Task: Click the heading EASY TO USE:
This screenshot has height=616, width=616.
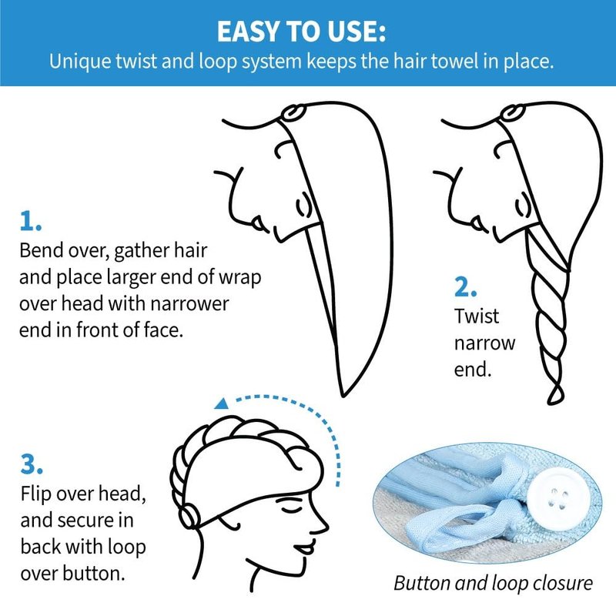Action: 301,32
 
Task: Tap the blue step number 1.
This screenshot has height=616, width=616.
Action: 30,221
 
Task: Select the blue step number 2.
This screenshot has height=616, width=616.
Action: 465,287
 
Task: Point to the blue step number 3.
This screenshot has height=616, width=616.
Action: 32,464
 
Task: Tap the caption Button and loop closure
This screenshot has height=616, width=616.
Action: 493,583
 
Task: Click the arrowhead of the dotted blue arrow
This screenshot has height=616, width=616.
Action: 222,403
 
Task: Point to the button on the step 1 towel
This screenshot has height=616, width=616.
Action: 293,112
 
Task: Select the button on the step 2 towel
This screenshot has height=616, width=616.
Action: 512,112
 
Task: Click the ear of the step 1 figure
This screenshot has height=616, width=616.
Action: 303,204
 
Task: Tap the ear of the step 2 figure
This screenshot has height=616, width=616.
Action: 523,204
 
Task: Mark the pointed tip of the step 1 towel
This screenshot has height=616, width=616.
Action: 343,396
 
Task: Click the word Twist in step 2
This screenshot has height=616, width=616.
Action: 476,316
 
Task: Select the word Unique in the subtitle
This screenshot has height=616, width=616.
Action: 80,62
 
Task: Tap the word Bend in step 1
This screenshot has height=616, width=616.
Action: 41,250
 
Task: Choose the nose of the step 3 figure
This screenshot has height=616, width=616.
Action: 323,524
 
